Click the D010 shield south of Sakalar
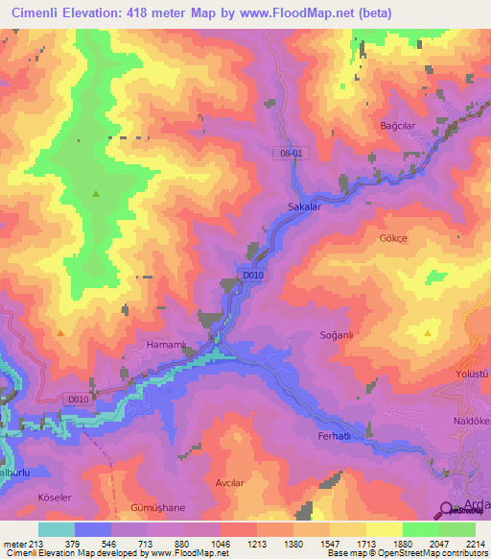tap(252, 276)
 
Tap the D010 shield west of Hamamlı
tap(80, 400)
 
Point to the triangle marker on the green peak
tap(95, 194)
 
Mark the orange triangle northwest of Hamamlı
tap(60, 332)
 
